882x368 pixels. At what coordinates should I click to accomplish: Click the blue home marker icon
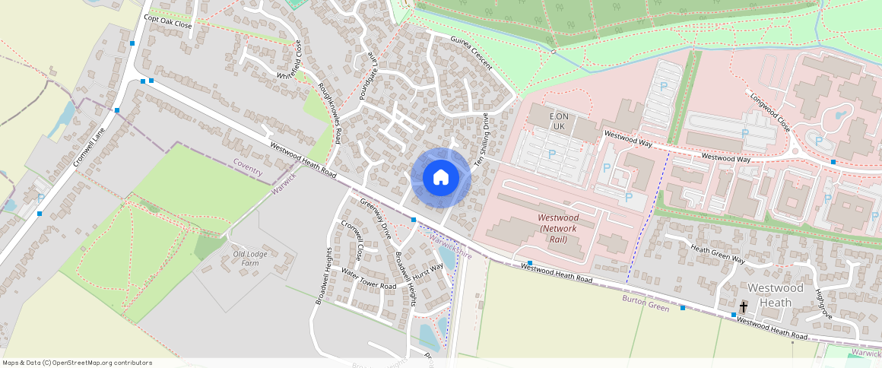point(440,178)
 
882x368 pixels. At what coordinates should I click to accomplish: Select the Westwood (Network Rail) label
point(558,228)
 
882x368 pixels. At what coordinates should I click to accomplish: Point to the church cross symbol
point(743,306)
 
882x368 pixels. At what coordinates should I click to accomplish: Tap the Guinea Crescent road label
point(471,52)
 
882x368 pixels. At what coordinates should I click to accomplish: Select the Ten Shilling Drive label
point(481,140)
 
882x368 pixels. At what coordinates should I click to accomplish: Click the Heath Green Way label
point(717,255)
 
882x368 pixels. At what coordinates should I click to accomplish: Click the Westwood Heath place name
point(775,295)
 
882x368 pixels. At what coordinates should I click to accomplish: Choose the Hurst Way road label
point(429,271)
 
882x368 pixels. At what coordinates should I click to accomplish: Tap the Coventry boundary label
point(248,167)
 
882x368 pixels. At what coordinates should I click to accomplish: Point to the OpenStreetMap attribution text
point(77,363)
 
